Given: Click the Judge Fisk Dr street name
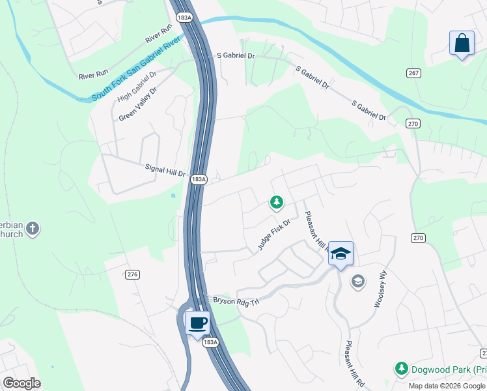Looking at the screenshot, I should click(x=273, y=235).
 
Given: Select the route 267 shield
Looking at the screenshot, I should click(x=413, y=73).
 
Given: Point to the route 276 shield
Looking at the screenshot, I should click(x=133, y=274).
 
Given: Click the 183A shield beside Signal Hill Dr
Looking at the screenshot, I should click(x=199, y=179).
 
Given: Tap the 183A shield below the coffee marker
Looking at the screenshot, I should click(x=210, y=341).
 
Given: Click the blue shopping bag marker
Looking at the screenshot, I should click(x=462, y=44).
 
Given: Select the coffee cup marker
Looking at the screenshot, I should click(x=198, y=322).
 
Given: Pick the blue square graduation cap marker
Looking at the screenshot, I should click(x=341, y=253).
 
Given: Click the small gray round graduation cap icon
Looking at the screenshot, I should click(x=357, y=282).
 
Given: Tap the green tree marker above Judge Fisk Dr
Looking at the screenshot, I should click(x=277, y=203).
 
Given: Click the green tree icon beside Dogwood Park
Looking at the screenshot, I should click(x=402, y=369).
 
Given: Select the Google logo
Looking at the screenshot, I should click(x=21, y=383).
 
